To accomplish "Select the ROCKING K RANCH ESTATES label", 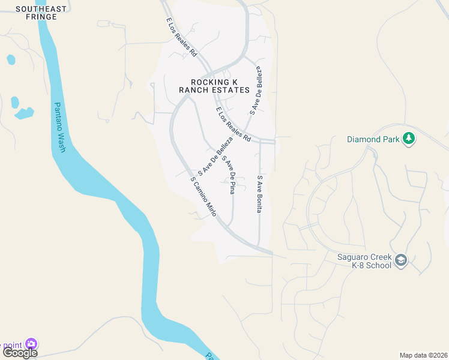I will (214, 86).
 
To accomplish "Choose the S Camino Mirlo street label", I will (203, 196).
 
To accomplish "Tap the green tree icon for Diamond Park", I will (409, 139).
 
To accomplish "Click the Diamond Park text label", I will (372, 139).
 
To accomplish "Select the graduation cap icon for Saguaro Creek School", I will (401, 260).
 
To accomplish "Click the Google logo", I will (19, 353).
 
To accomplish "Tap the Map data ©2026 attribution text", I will (423, 355).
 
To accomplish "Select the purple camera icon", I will (31, 344).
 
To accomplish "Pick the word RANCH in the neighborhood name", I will (197, 90).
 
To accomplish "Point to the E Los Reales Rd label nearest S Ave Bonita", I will (234, 124).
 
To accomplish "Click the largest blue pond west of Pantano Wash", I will (24, 113).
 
